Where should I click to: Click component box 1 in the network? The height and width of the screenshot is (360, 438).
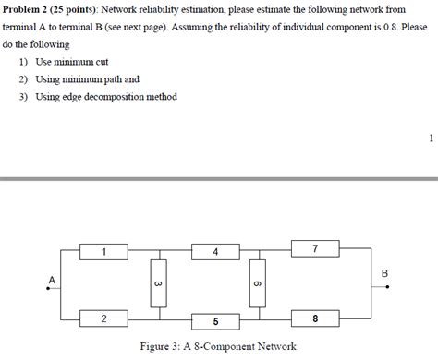[x=104, y=251]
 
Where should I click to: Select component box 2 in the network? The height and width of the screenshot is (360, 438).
[x=104, y=318]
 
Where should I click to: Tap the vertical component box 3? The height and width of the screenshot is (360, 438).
[x=158, y=284]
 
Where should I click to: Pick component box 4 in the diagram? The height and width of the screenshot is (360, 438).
[x=215, y=251]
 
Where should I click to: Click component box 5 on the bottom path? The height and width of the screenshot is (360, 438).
[x=215, y=321]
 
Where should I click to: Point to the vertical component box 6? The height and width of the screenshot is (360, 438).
[x=258, y=284]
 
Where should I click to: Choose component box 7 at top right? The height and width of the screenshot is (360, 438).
[x=314, y=249]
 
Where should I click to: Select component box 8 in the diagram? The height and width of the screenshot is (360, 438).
[x=314, y=318]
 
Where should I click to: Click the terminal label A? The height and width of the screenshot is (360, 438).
[x=52, y=279]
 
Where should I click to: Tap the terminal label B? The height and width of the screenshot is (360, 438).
[x=385, y=273]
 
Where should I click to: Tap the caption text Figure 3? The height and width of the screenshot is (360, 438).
[x=162, y=347]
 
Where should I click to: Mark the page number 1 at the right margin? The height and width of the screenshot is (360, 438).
[x=431, y=138]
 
